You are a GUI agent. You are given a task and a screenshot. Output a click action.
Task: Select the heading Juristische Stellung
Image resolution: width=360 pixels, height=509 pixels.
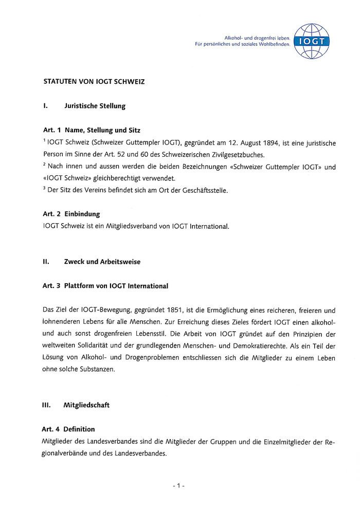click(95, 106)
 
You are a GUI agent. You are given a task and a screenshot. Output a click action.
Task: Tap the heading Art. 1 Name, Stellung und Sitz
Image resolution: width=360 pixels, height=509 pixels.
click(91, 131)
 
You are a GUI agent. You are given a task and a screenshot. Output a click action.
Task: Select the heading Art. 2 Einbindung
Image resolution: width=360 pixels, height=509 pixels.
click(71, 213)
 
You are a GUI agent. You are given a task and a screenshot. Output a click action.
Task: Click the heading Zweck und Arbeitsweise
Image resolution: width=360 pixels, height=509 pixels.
click(102, 262)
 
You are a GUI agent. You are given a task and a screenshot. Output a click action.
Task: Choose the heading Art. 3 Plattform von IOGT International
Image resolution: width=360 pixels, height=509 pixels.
click(105, 285)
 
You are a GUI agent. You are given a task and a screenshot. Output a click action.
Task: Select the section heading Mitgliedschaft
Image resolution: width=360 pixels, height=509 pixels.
click(86, 405)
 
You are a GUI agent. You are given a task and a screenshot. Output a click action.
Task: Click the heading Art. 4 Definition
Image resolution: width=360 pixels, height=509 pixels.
click(68, 429)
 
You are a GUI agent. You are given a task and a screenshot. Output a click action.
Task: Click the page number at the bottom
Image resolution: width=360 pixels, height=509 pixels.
click(178, 485)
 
